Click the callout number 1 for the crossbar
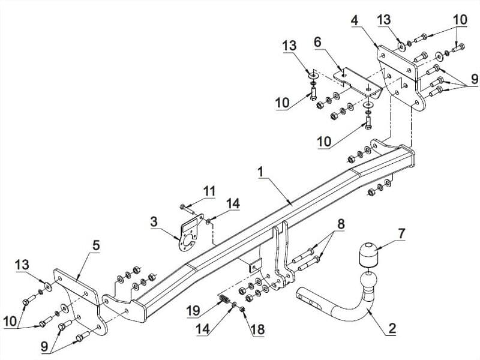click(x=260, y=172)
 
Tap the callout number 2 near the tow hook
click(x=392, y=328)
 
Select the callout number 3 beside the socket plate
click(x=154, y=221)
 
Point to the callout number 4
click(x=355, y=20)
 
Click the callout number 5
click(x=96, y=245)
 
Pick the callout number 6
click(x=318, y=42)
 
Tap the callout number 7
click(x=401, y=233)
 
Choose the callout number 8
click(x=341, y=224)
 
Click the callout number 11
click(x=209, y=191)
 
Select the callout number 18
click(x=257, y=329)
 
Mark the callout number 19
click(x=193, y=311)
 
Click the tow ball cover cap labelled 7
click(x=367, y=254)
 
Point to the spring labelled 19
click(x=224, y=298)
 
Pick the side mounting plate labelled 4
click(x=400, y=78)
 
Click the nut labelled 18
click(x=242, y=310)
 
